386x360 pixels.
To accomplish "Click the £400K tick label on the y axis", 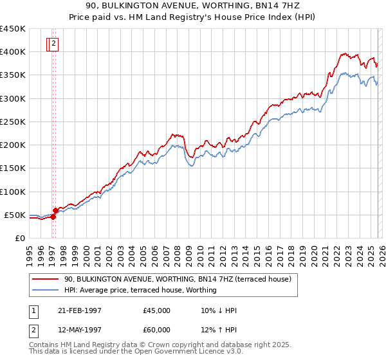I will pyautogui.click(x=13, y=52).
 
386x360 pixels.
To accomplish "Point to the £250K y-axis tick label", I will pyautogui.click(x=13, y=122).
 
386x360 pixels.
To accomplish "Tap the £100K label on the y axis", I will pyautogui.click(x=13, y=192).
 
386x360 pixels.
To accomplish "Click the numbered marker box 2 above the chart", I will pyautogui.click(x=54, y=44).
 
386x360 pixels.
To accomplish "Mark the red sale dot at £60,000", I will pyautogui.click(x=56, y=210).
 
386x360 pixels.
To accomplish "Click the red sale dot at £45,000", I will pyautogui.click(x=53, y=217).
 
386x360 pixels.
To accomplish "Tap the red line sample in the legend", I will pyautogui.click(x=46, y=279).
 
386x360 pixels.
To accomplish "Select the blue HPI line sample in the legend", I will pyautogui.click(x=46, y=290).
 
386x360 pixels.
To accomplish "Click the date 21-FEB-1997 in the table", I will pyautogui.click(x=78, y=310).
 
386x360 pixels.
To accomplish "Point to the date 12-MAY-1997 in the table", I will pyautogui.click(x=78, y=330).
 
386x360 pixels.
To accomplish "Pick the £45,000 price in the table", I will pyautogui.click(x=157, y=310).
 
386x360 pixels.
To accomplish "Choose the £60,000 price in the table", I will pyautogui.click(x=157, y=330).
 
